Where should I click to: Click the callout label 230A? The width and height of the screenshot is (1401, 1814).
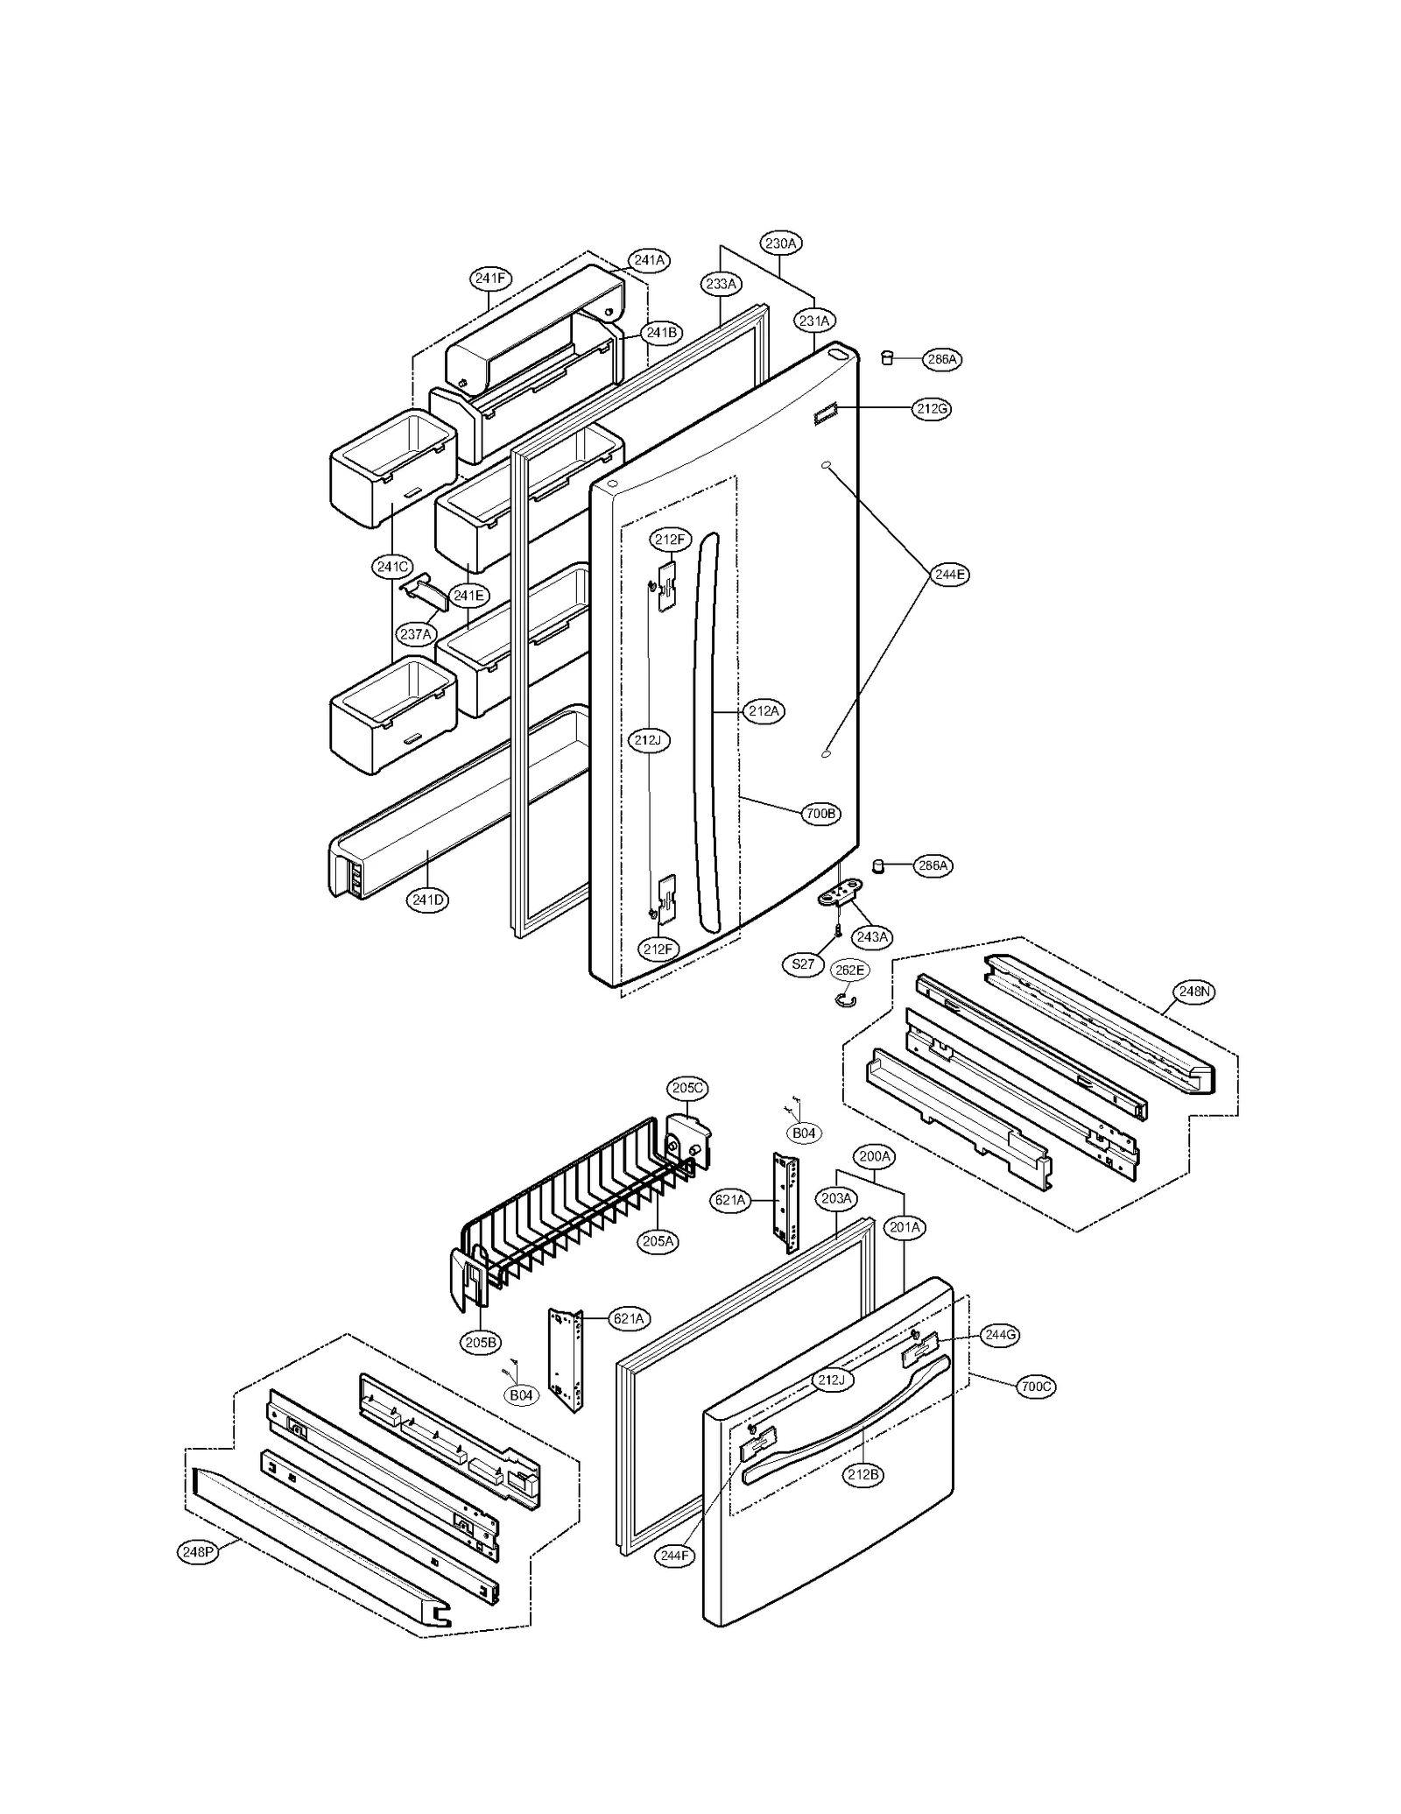[780, 244]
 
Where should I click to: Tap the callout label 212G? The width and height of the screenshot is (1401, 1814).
[931, 408]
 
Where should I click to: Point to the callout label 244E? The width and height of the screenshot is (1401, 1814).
[949, 575]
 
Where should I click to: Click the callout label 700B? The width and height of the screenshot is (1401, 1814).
[820, 814]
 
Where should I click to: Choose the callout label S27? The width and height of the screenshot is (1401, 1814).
[802, 964]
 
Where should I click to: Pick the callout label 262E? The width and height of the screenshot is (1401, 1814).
[848, 970]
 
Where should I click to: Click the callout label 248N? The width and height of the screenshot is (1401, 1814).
[1193, 992]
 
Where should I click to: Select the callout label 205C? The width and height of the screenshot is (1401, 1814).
[686, 1088]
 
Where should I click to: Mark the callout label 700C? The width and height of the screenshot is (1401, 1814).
[1036, 1387]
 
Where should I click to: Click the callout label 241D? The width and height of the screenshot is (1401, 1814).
[428, 900]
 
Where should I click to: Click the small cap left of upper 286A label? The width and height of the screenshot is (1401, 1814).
[887, 357]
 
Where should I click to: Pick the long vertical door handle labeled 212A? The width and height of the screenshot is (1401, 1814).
[708, 736]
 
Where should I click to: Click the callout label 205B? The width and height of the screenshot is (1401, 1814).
[480, 1343]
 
